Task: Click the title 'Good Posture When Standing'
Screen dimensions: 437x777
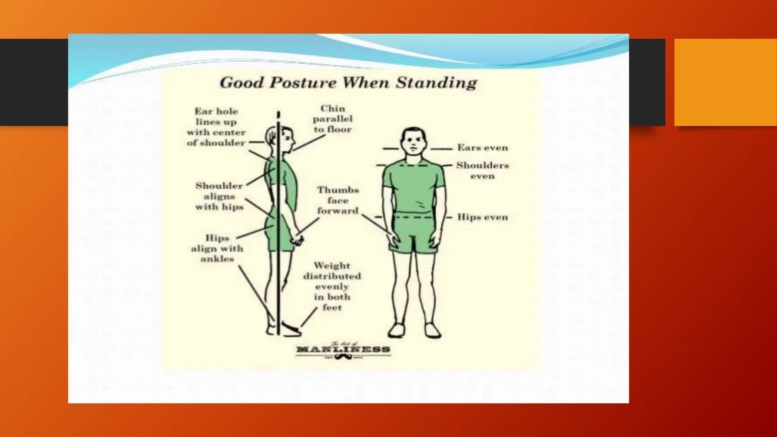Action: [348, 83]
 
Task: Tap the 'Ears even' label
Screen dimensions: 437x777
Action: [482, 148]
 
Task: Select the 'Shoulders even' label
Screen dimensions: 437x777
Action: [482, 170]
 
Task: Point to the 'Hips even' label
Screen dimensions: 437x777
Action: [482, 217]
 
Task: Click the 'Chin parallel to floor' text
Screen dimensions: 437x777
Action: [333, 119]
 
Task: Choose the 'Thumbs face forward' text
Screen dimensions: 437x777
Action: [338, 200]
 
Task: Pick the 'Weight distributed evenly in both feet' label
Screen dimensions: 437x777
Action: [332, 286]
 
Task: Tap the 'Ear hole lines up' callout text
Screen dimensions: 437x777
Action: [216, 127]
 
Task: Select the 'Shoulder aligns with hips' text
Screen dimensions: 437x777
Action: [219, 196]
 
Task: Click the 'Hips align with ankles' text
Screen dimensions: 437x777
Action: [217, 248]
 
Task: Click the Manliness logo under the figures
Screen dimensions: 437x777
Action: [343, 350]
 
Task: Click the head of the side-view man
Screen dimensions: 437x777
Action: [281, 138]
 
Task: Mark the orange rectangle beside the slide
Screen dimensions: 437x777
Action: [725, 82]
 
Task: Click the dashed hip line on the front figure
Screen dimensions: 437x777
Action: [414, 217]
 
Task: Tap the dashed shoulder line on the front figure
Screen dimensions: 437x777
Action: [414, 166]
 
